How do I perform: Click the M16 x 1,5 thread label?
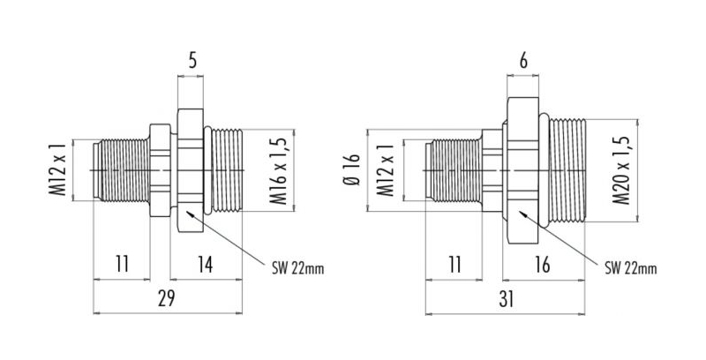(279, 170)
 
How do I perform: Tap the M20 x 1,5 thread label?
(621, 170)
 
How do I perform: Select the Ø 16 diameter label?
(351, 170)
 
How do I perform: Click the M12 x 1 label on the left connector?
(58, 170)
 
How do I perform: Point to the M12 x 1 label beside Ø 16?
(386, 170)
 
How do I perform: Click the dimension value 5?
(192, 61)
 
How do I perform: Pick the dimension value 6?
(523, 61)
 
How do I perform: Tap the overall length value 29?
(166, 299)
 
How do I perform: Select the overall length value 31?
(506, 299)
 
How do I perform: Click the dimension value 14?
(207, 265)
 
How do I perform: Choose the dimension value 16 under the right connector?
(543, 265)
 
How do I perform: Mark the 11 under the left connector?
(122, 265)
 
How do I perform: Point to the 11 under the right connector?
(455, 265)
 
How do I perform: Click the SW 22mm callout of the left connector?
(297, 268)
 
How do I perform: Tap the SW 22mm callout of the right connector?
(630, 268)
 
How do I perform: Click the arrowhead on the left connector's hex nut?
(191, 214)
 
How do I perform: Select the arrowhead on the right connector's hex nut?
(523, 214)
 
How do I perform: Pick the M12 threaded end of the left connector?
(122, 170)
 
